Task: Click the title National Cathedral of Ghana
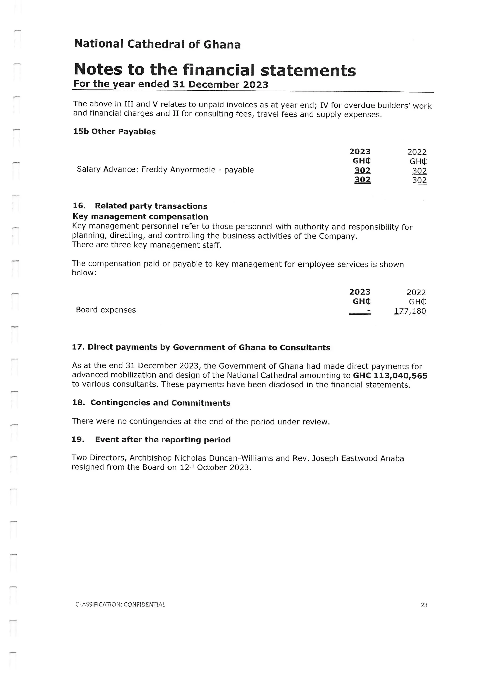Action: point(157,44)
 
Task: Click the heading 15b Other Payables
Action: point(114,132)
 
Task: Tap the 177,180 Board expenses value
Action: point(410,311)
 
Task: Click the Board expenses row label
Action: point(106,310)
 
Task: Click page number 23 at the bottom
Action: point(424,605)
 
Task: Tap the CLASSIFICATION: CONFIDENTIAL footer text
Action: point(120,604)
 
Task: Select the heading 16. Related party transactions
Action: point(140,206)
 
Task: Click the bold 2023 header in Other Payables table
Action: point(360,151)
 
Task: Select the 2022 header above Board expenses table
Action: point(416,292)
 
